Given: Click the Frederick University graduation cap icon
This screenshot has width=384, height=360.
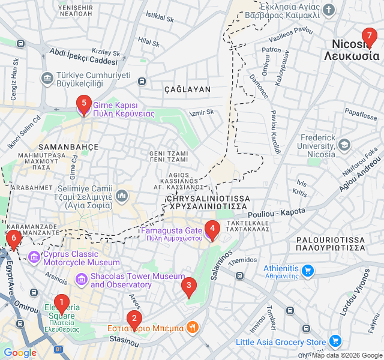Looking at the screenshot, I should [344, 145].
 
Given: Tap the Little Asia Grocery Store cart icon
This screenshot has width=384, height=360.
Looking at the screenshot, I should [335, 342].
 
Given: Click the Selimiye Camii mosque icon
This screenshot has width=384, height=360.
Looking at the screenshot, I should [122, 196].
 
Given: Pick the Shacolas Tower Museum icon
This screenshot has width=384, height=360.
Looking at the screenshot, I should [81, 280].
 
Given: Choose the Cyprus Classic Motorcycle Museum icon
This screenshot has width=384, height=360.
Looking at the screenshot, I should [34, 258].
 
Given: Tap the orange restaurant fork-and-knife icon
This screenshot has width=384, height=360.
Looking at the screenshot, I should [192, 328].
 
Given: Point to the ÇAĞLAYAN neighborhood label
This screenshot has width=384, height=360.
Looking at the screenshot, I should [188, 89].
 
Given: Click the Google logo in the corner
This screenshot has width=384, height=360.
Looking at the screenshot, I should [20, 353].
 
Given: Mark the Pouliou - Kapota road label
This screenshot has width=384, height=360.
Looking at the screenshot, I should [276, 212].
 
